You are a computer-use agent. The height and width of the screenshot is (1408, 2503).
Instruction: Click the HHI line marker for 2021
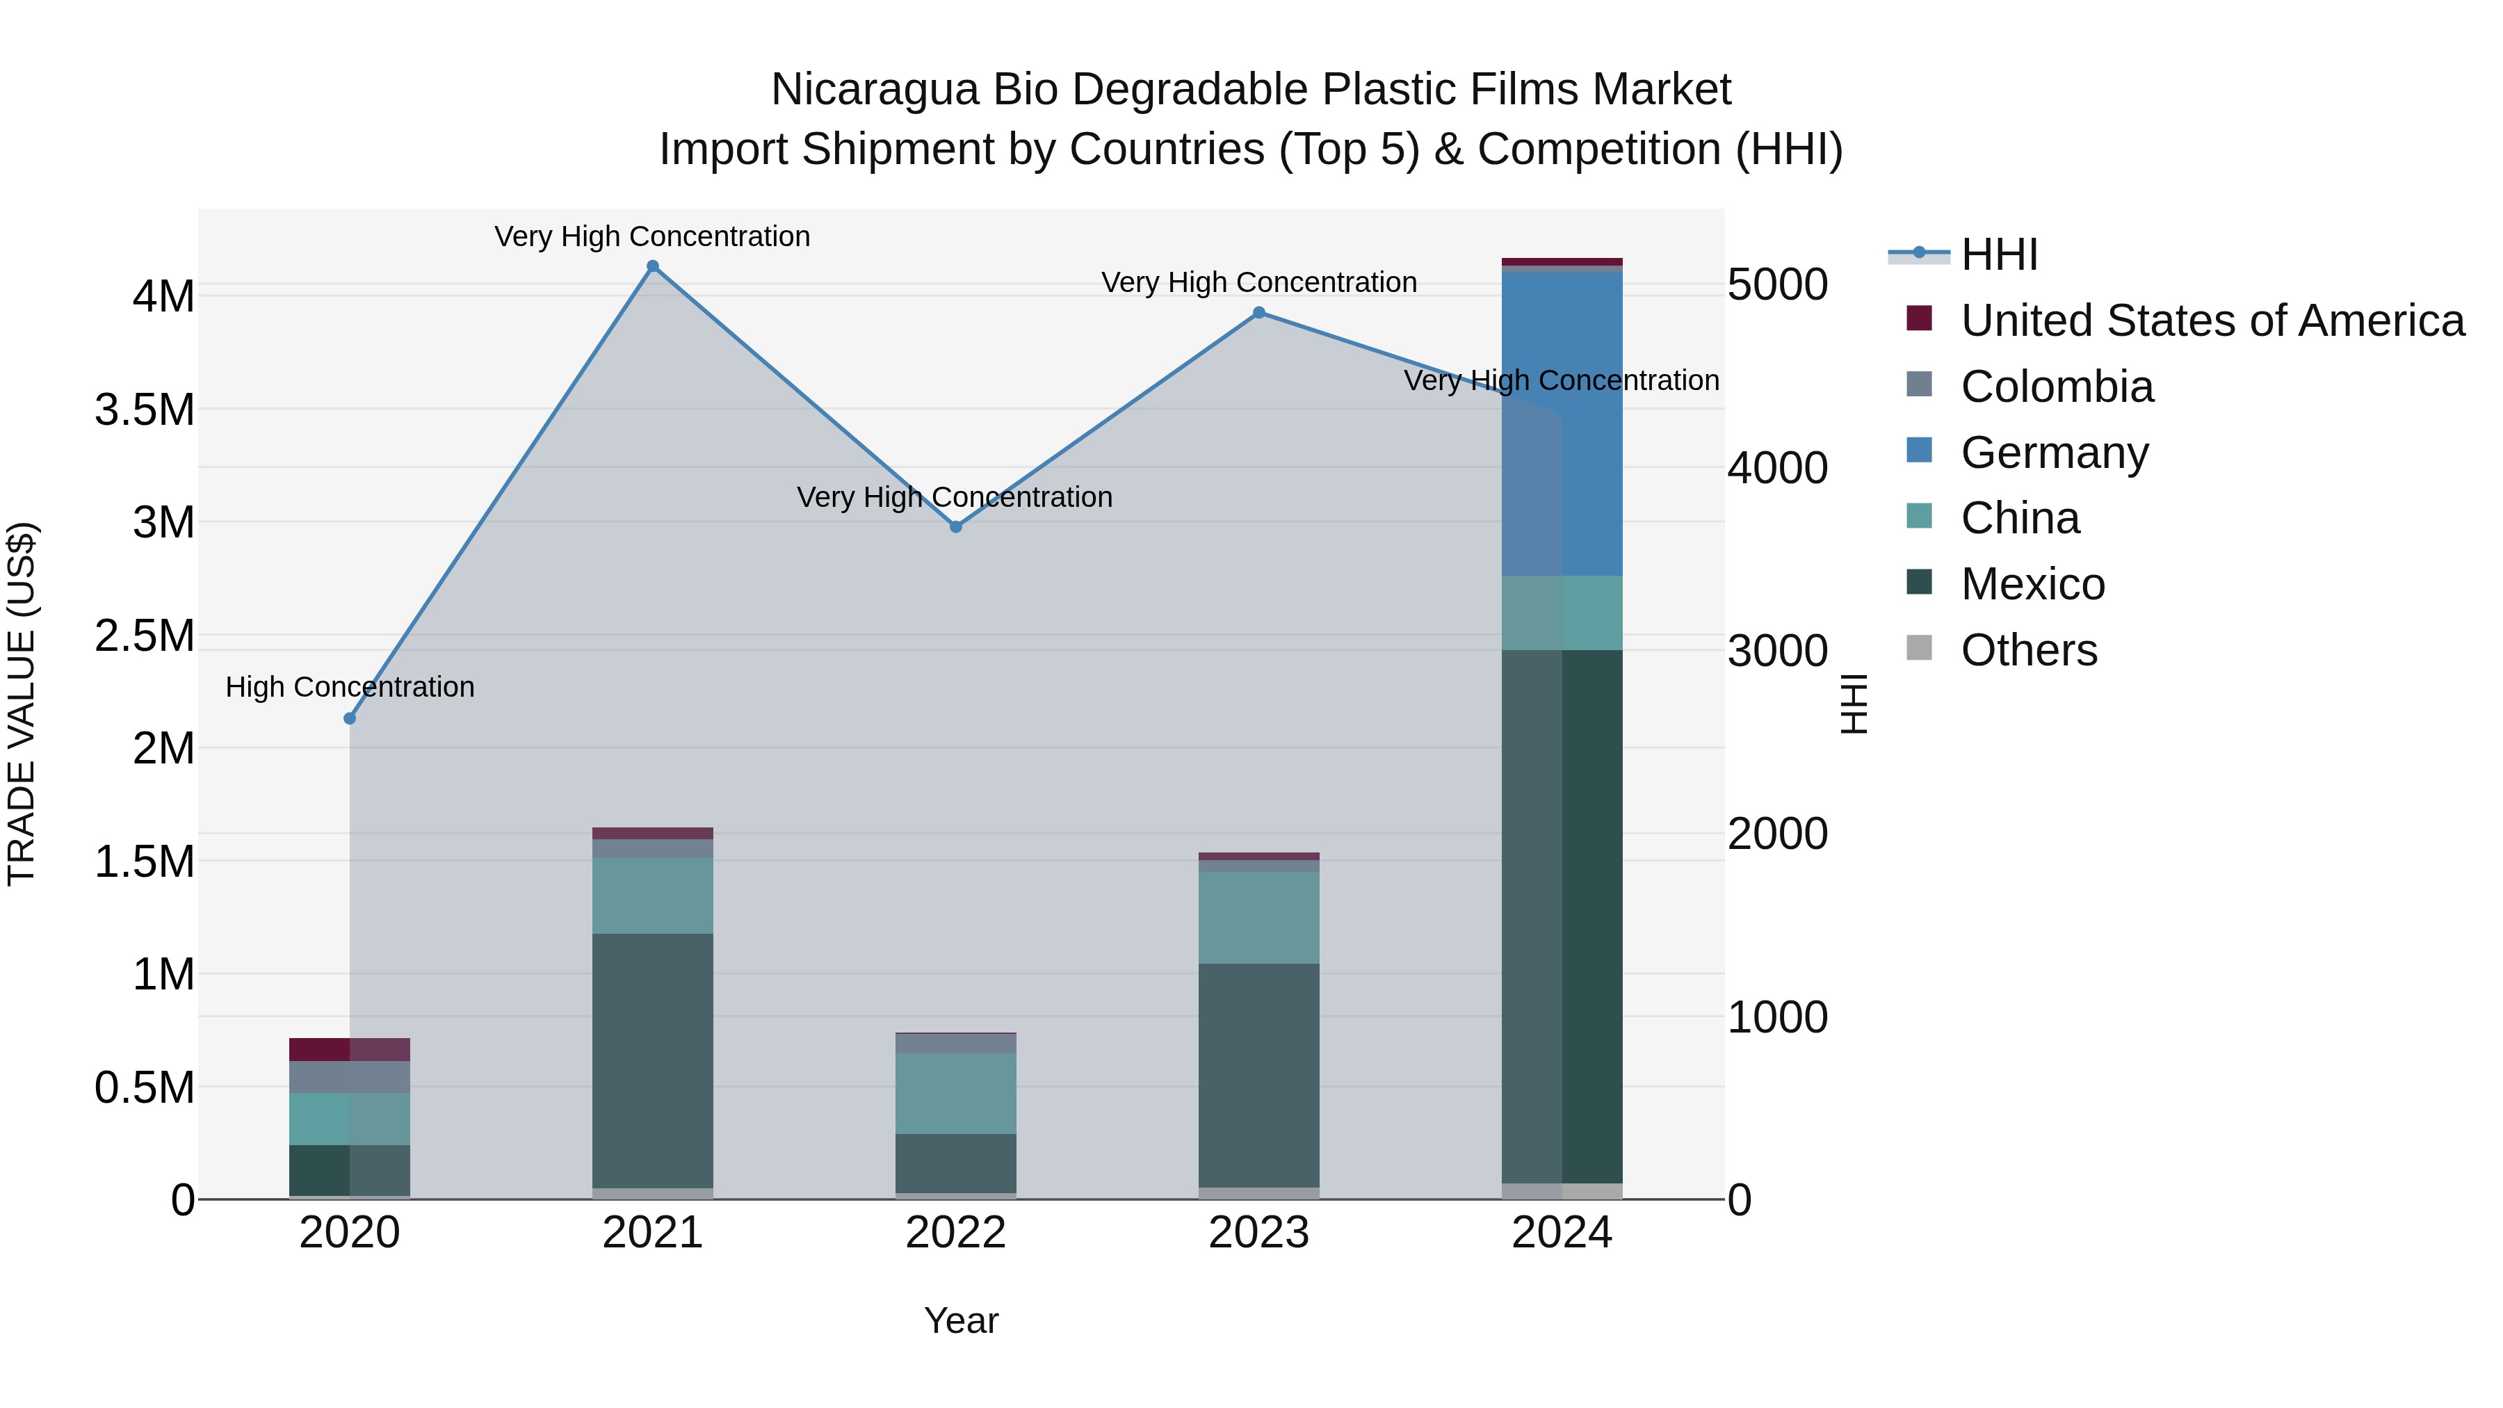pyautogui.click(x=653, y=266)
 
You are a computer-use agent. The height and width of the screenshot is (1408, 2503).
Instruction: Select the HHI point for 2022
pyautogui.click(x=956, y=526)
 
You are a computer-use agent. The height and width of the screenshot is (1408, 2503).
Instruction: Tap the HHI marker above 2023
pyautogui.click(x=1259, y=313)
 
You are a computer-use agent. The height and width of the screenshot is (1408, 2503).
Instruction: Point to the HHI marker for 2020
pyautogui.click(x=350, y=719)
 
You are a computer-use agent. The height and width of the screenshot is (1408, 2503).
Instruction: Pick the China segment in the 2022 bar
pyautogui.click(x=956, y=1093)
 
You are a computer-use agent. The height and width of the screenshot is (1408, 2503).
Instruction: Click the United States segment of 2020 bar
pyautogui.click(x=350, y=1049)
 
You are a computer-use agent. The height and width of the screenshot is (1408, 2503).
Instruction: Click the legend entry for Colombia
pyautogui.click(x=2057, y=387)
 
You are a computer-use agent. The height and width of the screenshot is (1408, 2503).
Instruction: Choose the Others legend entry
pyautogui.click(x=2029, y=650)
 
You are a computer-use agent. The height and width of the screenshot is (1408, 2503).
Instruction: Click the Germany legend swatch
pyautogui.click(x=1919, y=450)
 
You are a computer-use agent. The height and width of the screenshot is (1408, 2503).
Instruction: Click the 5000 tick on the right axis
pyautogui.click(x=1777, y=286)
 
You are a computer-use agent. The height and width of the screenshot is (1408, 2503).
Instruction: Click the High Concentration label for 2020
pyautogui.click(x=350, y=687)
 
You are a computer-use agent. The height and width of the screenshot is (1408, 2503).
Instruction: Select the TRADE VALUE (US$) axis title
pyautogui.click(x=22, y=704)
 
